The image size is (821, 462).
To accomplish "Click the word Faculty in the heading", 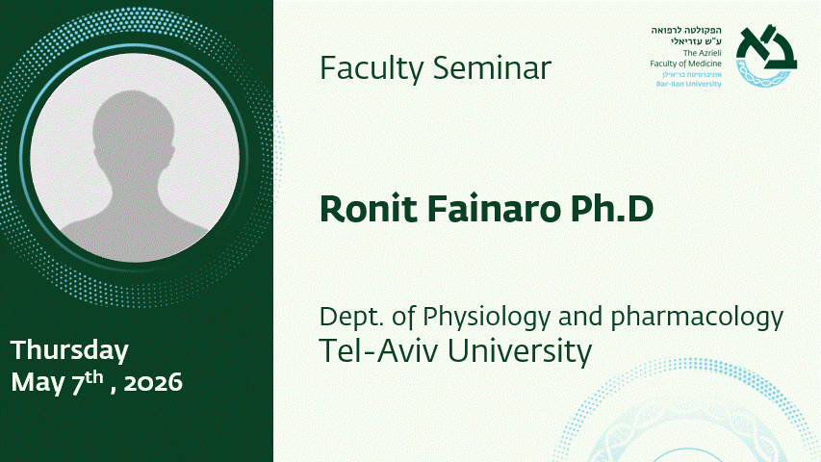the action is click(372, 69).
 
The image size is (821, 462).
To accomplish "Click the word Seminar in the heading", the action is click(492, 68).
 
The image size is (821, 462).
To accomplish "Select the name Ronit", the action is click(369, 209).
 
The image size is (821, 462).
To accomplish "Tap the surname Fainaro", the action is click(494, 209).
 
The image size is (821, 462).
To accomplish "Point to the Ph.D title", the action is click(612, 209).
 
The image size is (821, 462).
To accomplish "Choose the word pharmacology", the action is click(697, 318).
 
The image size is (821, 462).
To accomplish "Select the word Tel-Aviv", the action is click(378, 350).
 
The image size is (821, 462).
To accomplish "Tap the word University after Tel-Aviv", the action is click(520, 351).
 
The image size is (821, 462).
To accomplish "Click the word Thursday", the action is click(69, 350).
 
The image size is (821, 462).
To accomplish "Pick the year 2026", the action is click(153, 383).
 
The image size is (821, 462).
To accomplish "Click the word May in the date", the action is click(38, 383).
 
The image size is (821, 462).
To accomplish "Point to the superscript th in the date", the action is click(94, 377).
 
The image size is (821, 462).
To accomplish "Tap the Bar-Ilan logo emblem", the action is click(766, 56).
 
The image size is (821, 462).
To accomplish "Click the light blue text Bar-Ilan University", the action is click(688, 84).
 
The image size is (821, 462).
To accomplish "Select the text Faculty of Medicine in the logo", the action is click(685, 64).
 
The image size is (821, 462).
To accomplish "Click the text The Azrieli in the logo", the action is click(703, 53).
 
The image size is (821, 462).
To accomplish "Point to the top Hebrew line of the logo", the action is click(686, 31).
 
